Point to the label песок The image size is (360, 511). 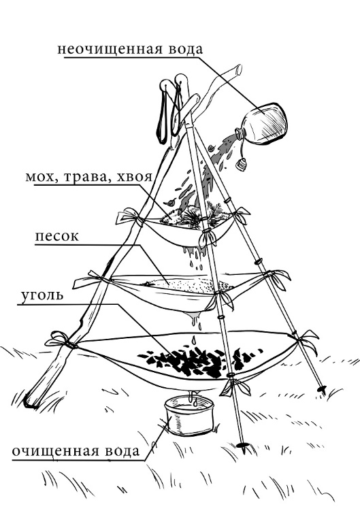[x=57, y=236]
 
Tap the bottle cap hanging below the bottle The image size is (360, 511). [x=242, y=165]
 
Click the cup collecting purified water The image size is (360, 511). [x=189, y=414]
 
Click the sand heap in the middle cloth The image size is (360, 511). [x=189, y=285]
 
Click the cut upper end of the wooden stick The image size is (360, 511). [x=238, y=69]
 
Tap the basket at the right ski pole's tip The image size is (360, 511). [x=322, y=388]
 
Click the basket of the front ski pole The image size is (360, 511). [x=242, y=445]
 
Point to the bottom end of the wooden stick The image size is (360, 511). [x=29, y=403]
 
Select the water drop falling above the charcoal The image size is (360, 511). [x=194, y=340]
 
